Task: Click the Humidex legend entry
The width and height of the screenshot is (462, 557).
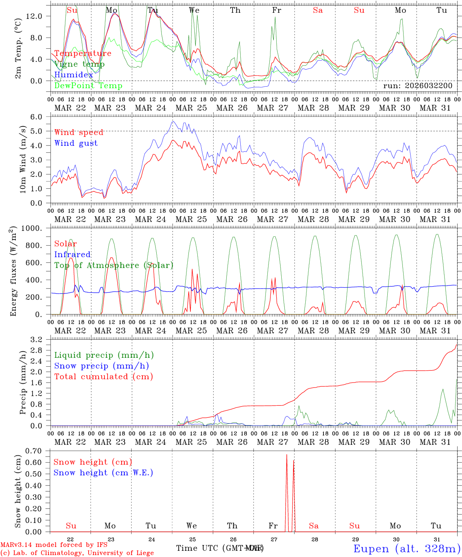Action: (x=74, y=75)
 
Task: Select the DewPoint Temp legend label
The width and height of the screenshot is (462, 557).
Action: (x=88, y=86)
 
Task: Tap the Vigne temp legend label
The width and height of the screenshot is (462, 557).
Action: (x=79, y=64)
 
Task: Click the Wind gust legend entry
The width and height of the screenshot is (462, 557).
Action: (x=76, y=143)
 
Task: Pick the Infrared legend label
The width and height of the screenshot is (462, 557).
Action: (x=72, y=255)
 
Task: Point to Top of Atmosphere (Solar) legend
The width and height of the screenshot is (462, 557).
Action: (x=114, y=265)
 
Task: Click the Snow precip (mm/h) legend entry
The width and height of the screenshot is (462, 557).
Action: (x=101, y=366)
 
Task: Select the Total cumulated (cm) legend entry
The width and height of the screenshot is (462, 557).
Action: (x=104, y=377)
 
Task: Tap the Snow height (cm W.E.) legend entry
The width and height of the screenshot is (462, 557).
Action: (x=103, y=473)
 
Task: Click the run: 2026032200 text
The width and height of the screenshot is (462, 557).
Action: (x=418, y=85)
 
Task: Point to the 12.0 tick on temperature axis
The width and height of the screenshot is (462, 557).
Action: (x=37, y=16)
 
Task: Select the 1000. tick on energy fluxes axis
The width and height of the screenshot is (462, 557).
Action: (x=34, y=228)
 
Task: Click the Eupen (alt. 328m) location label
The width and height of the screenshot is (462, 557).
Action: (x=407, y=548)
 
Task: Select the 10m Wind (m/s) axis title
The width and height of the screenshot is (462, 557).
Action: (x=23, y=159)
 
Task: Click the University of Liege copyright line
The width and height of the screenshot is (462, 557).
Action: (x=77, y=553)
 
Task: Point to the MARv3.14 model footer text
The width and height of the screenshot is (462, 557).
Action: (x=54, y=545)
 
